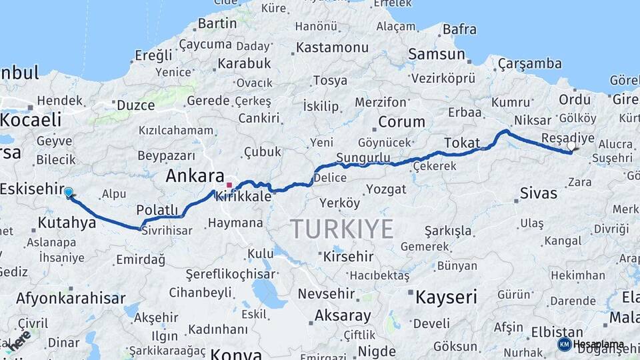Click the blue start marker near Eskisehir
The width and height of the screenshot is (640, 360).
pyautogui.click(x=68, y=193)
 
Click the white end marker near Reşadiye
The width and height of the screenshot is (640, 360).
pyautogui.click(x=571, y=146)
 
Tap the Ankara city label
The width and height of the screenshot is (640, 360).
pyautogui.click(x=195, y=177)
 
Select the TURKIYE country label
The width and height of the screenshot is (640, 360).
pyautogui.click(x=342, y=229)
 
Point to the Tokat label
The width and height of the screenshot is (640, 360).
pyautogui.click(x=462, y=143)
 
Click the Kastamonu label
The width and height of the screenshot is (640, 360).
pyautogui.click(x=332, y=48)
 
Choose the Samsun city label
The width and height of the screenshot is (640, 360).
pyautogui.click(x=437, y=53)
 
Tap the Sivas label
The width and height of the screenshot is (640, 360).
pyautogui.click(x=538, y=194)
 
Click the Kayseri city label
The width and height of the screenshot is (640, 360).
pyautogui.click(x=446, y=297)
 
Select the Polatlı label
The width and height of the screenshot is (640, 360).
pyautogui.click(x=157, y=211)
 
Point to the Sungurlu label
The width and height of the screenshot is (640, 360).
pyautogui.click(x=363, y=157)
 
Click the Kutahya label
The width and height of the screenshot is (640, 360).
pyautogui.click(x=67, y=222)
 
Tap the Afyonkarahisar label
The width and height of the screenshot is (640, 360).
pyautogui.click(x=70, y=298)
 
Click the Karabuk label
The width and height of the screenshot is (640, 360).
pyautogui.click(x=243, y=63)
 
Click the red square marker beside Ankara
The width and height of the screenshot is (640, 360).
pyautogui.click(x=229, y=185)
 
